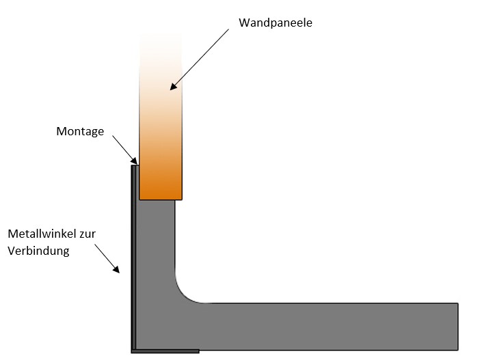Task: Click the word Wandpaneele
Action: [276, 22]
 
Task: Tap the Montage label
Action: [80, 131]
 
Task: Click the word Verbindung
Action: [39, 251]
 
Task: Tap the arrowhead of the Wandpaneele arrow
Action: [174, 87]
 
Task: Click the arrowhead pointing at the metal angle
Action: [119, 271]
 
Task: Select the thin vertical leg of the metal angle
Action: [133, 260]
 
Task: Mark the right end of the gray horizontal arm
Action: [456, 325]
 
